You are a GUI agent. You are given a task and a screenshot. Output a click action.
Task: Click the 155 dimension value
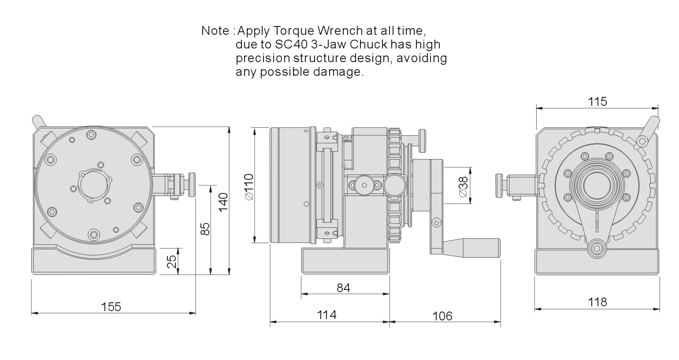111,307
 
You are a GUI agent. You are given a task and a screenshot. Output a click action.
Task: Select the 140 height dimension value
223,202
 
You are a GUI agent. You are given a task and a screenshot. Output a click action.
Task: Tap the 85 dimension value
205,229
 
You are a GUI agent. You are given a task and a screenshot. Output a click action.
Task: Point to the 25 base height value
171,261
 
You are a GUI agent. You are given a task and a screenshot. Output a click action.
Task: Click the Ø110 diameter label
249,187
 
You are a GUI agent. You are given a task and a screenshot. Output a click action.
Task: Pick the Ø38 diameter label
464,187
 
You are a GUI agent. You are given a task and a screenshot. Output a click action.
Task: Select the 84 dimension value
343,288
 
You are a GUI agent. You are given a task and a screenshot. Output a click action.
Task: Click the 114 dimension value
327,315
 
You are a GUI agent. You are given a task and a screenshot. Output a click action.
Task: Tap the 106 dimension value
442,316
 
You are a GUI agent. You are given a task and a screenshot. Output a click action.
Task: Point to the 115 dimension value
597,101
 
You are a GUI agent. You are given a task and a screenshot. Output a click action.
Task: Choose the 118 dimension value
597,302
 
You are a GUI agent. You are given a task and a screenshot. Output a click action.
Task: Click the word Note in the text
215,31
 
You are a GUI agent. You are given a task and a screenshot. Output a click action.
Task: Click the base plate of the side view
345,261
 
